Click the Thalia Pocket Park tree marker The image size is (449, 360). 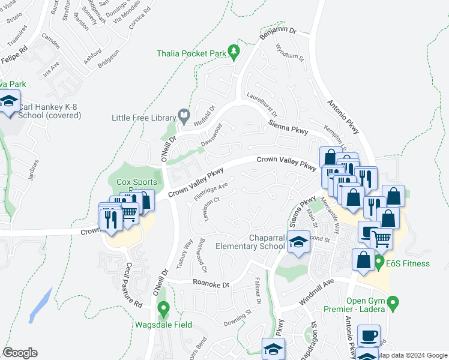pyautogui.click(x=234, y=53)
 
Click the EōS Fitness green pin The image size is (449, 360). pyautogui.click(x=379, y=262)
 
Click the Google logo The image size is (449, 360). pyautogui.click(x=20, y=353)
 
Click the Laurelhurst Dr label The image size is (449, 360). pyautogui.click(x=262, y=104)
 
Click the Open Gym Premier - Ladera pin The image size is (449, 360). pyautogui.click(x=393, y=303)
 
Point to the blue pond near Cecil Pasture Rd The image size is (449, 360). pyautogui.click(x=41, y=305)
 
